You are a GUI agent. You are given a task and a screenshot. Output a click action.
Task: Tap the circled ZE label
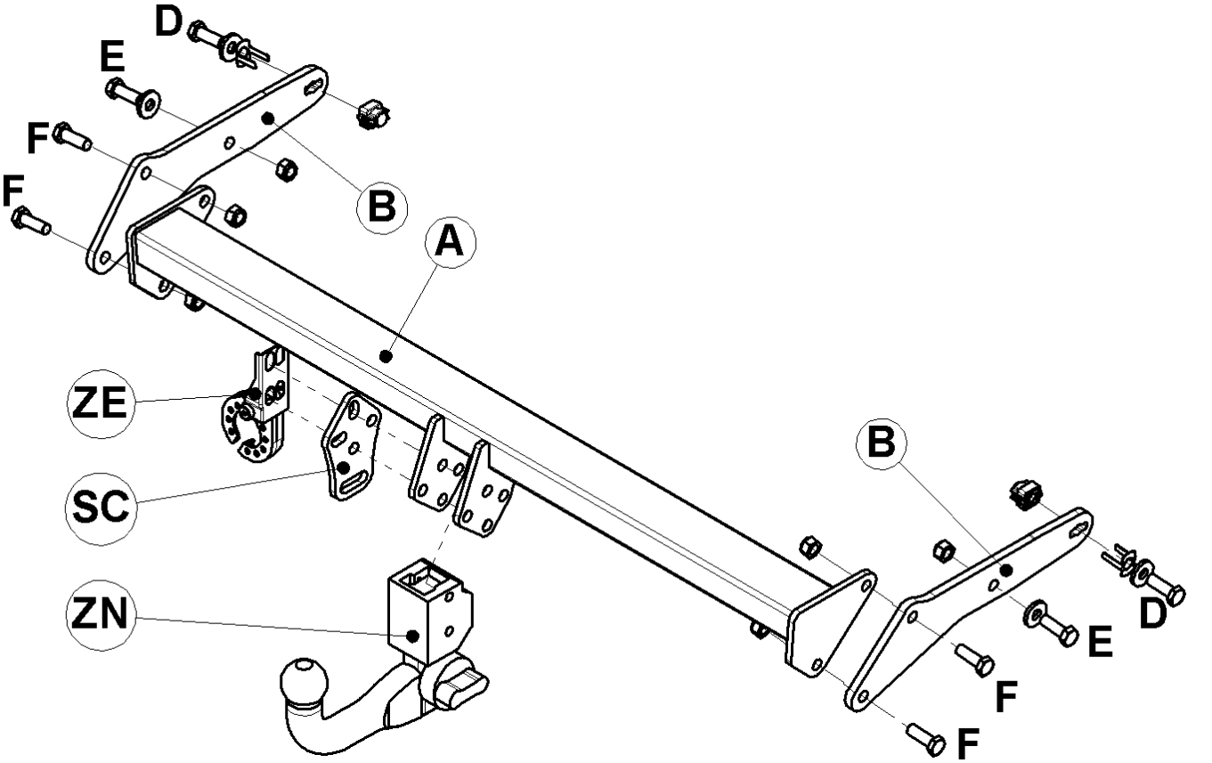[x=100, y=403]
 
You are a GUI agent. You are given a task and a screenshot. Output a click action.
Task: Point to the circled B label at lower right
[x=882, y=442]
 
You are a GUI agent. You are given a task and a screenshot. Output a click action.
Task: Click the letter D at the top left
[x=168, y=21]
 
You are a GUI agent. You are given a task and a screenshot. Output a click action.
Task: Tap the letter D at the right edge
[x=1152, y=615]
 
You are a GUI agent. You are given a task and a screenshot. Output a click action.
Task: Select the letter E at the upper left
[x=112, y=56]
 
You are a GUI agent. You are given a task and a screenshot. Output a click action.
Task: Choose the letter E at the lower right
[x=1100, y=642]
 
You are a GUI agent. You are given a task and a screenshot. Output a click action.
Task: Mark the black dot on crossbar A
[x=386, y=356]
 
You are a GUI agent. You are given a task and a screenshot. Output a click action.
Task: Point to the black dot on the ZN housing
[x=412, y=636]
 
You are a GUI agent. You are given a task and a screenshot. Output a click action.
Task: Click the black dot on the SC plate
[x=343, y=467]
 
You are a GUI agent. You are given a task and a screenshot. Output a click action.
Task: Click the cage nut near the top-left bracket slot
[x=373, y=114]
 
